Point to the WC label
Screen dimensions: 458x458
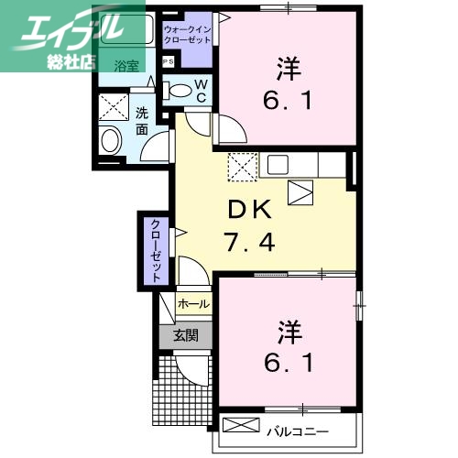click(203, 93)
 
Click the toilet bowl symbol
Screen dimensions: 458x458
click(180, 92)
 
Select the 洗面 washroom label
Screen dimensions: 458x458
click(143, 121)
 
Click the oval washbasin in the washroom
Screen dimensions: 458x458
click(109, 141)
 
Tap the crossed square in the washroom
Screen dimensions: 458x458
click(116, 108)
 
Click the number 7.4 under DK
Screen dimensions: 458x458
click(249, 242)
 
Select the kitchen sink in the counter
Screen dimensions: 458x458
click(278, 165)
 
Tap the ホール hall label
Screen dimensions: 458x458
click(193, 303)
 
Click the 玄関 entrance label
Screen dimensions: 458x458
click(185, 335)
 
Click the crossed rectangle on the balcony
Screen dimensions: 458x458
click(242, 426)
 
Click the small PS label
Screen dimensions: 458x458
click(169, 61)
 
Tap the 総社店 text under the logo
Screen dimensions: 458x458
click(72, 62)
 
